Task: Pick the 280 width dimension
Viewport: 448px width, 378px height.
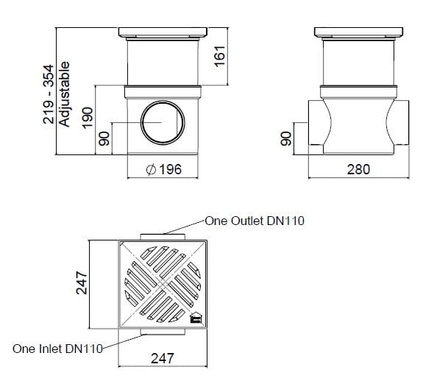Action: (x=358, y=170)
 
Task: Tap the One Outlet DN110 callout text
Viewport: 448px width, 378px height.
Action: (x=255, y=221)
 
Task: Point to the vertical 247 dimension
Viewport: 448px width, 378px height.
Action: (x=82, y=283)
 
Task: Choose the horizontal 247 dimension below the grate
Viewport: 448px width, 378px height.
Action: (x=163, y=358)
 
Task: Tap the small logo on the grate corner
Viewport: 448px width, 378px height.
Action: (x=196, y=318)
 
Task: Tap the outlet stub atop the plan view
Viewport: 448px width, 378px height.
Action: (x=163, y=235)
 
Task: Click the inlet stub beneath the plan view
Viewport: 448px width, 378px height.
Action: (x=163, y=332)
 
